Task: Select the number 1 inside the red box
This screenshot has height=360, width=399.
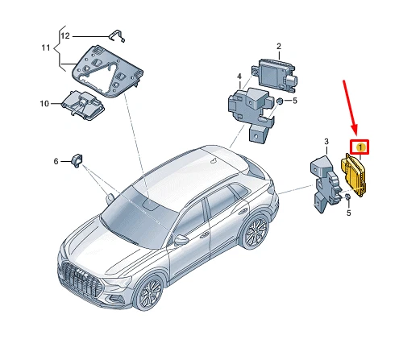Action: coord(360,147)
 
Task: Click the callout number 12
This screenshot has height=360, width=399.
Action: coord(65,36)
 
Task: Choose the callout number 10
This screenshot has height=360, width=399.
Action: coord(45,103)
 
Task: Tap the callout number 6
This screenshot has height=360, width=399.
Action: coord(56,161)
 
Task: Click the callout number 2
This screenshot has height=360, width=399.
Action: coord(278,47)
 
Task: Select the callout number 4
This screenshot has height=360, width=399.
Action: coord(239,77)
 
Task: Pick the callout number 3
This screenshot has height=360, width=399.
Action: coord(326,142)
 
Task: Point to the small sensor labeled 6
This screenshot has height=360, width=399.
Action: coord(77,159)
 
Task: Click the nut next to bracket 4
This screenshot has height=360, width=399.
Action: coord(277,102)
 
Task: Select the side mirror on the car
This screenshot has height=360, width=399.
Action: coord(181,238)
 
